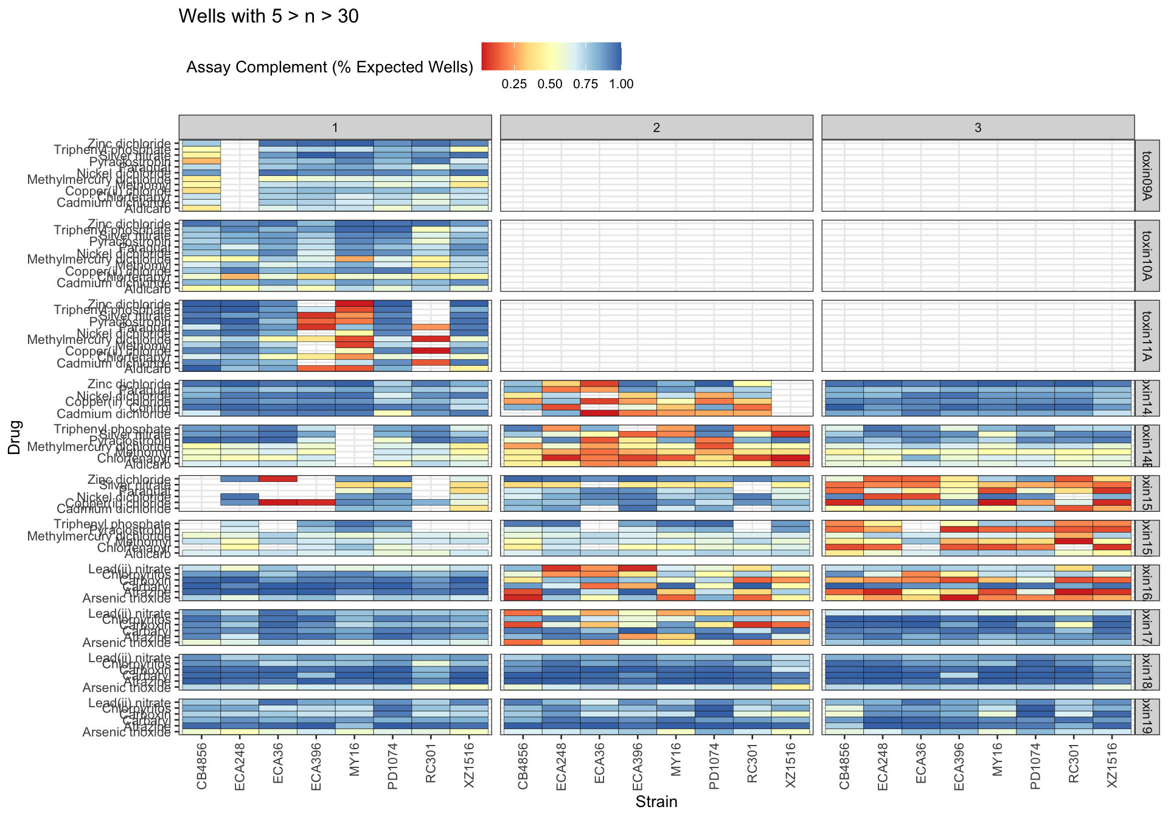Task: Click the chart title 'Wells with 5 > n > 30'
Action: (268, 16)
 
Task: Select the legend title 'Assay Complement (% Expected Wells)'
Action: (330, 67)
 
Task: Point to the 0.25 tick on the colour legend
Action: (514, 84)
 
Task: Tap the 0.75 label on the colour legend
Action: (585, 84)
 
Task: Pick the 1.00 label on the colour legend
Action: (621, 84)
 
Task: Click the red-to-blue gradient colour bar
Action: (551, 56)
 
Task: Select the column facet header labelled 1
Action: (335, 127)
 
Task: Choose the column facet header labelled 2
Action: (656, 127)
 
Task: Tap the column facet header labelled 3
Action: (978, 127)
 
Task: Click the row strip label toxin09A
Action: (1147, 175)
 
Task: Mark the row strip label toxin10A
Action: (1147, 256)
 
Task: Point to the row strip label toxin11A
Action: (1147, 336)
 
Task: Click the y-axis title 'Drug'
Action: (15, 437)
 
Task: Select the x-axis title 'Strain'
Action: (656, 802)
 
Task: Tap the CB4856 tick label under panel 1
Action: (202, 765)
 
